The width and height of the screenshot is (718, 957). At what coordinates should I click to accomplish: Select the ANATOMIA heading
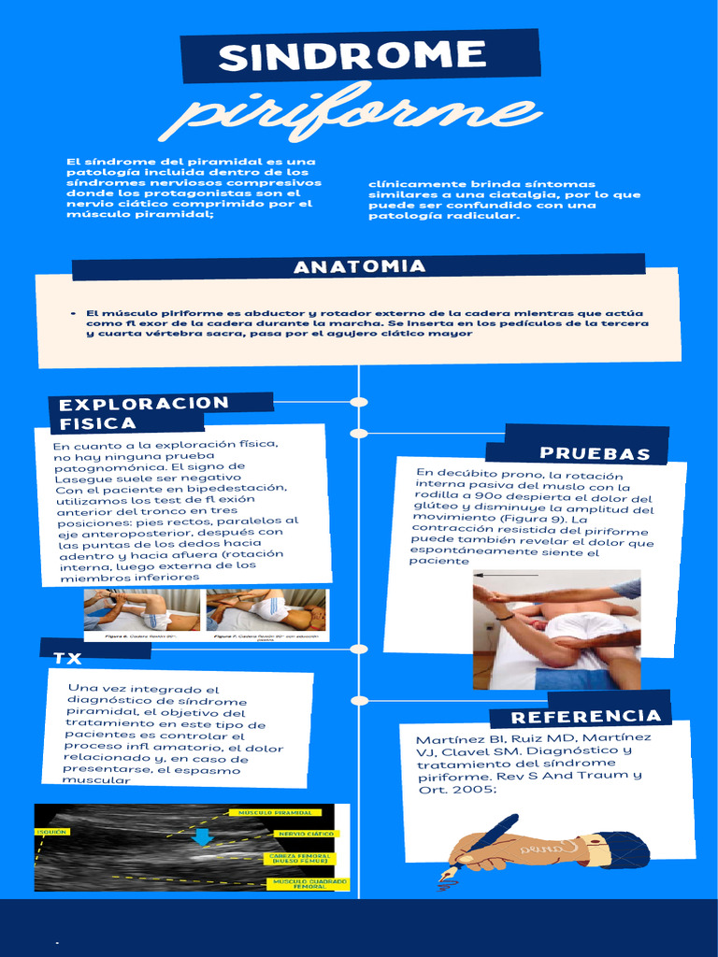click(x=359, y=267)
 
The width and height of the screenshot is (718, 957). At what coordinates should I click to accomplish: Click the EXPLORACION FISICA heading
click(x=144, y=413)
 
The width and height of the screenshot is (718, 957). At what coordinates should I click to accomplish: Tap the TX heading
click(x=67, y=658)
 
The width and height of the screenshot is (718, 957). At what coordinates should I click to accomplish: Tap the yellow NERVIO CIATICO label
click(x=305, y=833)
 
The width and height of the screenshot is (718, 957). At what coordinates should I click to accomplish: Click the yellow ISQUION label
click(x=50, y=832)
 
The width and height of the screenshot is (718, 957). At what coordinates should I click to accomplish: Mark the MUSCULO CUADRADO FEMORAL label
click(x=309, y=882)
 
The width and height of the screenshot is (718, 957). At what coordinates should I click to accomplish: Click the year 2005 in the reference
click(x=469, y=789)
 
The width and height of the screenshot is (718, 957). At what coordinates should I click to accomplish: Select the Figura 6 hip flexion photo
click(x=141, y=609)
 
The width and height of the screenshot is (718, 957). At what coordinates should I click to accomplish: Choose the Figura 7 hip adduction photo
click(x=266, y=609)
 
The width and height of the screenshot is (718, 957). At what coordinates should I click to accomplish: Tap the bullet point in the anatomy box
click(x=73, y=314)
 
